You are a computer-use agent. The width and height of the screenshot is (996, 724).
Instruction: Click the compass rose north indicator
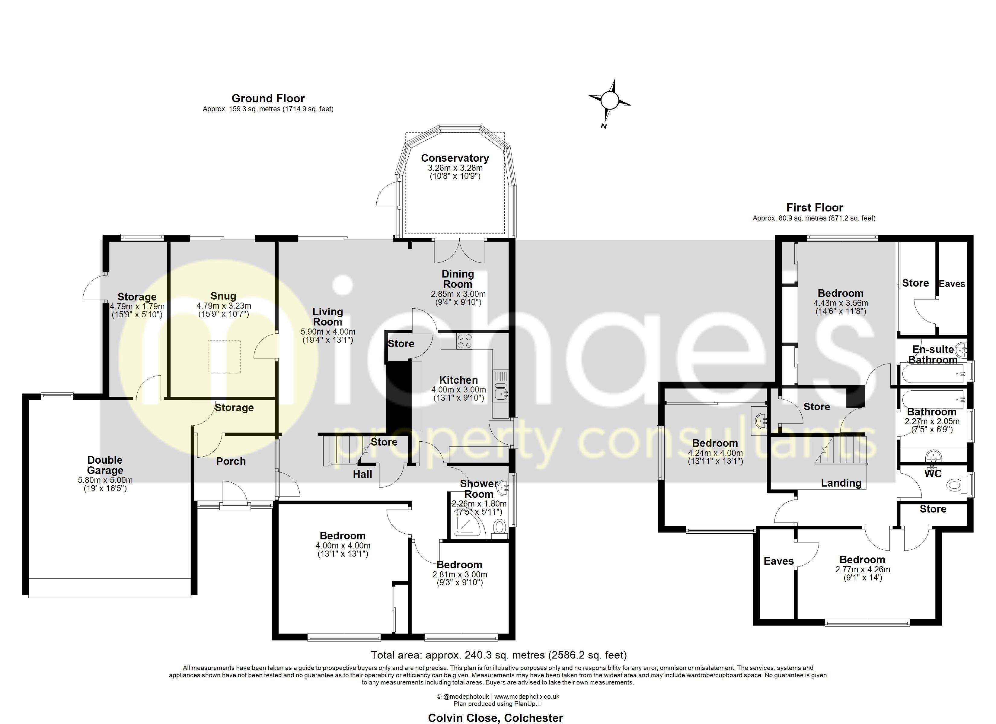tap(610, 100)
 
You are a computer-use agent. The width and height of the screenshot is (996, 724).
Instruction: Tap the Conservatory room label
tap(455, 158)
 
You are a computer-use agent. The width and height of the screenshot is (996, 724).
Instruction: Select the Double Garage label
tap(105, 465)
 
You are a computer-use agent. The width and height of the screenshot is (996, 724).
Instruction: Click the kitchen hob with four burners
tap(464, 341)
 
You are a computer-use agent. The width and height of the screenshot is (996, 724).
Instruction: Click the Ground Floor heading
tap(268, 98)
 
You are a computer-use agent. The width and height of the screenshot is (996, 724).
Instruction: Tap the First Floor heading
tap(815, 208)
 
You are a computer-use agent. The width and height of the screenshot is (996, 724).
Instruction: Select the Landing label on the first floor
tap(841, 483)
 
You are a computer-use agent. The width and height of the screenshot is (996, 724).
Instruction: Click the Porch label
tap(231, 461)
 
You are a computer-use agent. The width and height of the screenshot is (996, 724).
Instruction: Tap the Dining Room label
tap(458, 279)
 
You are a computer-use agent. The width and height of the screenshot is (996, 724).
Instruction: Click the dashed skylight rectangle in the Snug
tap(224, 357)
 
